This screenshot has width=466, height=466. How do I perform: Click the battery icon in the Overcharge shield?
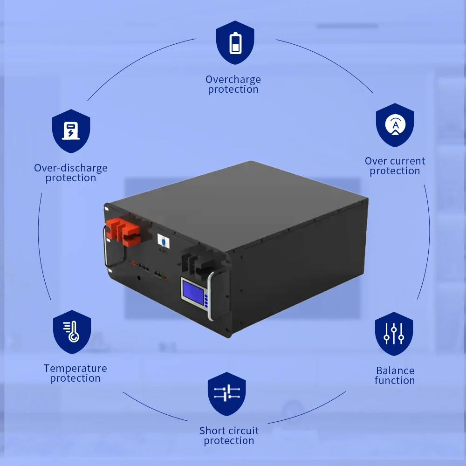pyautogui.click(x=235, y=43)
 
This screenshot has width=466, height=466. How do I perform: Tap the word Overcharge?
pyautogui.click(x=233, y=79)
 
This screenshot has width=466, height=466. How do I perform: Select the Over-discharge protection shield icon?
pyautogui.click(x=71, y=131)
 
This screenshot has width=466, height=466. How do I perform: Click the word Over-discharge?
pyautogui.click(x=71, y=168)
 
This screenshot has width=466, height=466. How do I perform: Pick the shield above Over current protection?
pyautogui.click(x=395, y=125)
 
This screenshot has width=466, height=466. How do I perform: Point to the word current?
pyautogui.click(x=408, y=161)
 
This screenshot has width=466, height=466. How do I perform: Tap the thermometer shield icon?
pyautogui.click(x=72, y=332)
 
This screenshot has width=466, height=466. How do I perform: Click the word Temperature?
pyautogui.click(x=75, y=369)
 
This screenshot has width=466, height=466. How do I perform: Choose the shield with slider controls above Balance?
pyautogui.click(x=394, y=334)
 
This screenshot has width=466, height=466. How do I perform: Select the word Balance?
pyautogui.click(x=395, y=370)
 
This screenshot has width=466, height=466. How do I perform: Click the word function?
pyautogui.click(x=395, y=380)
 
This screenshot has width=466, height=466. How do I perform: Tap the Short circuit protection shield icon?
pyautogui.click(x=227, y=394)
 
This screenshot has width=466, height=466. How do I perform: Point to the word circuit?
pyautogui.click(x=241, y=431)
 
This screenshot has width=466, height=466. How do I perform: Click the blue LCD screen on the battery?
pyautogui.click(x=193, y=291)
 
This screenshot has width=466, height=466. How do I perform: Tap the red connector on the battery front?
pyautogui.click(x=123, y=231)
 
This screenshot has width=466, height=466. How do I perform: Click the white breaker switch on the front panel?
pyautogui.click(x=163, y=241)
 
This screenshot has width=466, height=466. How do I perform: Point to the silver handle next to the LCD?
pyautogui.click(x=211, y=296)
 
